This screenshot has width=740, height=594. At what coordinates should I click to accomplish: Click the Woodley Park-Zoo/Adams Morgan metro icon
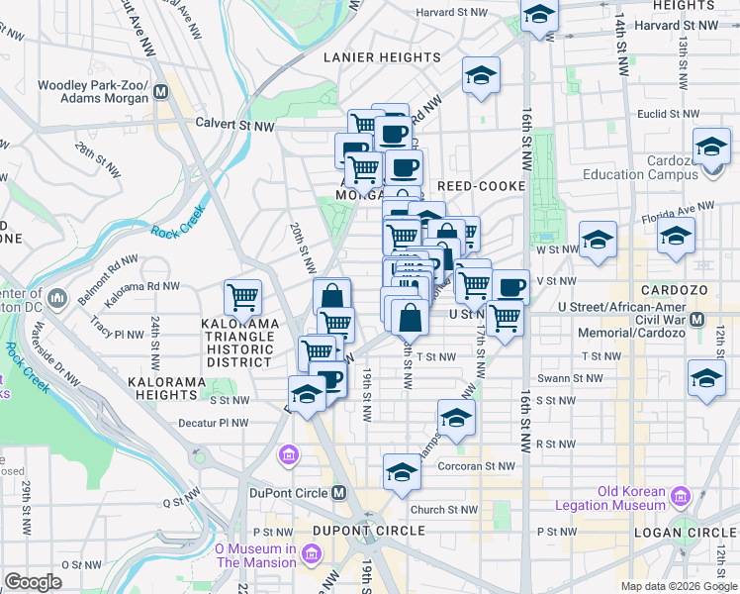[x=159, y=94]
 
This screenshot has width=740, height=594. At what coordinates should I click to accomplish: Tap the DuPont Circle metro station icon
[x=339, y=493]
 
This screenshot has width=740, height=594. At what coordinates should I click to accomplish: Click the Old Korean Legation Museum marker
[x=680, y=496]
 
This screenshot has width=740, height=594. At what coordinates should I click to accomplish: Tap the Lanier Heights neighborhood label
[x=383, y=57]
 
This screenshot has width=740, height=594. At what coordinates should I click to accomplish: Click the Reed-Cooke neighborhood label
[x=479, y=185]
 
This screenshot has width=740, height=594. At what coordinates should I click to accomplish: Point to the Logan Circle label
[x=693, y=532]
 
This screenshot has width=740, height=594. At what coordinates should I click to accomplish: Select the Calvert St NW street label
[x=234, y=126]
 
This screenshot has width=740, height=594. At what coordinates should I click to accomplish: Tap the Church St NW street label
[x=445, y=511]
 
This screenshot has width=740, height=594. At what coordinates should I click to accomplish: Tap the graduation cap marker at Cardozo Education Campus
[x=711, y=148]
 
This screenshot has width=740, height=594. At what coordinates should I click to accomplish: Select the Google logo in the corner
[x=34, y=582]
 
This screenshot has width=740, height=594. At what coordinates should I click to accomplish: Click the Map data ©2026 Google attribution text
[x=678, y=586]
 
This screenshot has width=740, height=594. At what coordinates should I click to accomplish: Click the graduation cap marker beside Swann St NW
[x=706, y=380]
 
